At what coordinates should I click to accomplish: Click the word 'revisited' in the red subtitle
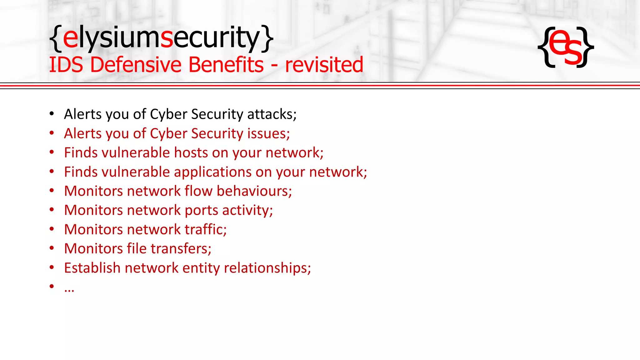coord(324,65)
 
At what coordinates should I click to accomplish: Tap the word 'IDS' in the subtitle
coord(66,65)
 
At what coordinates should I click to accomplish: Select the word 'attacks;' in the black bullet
coord(272,114)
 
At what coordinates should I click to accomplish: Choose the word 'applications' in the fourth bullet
coord(212,172)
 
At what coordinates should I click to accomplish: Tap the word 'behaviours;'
coord(254,191)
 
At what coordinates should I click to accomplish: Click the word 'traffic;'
coord(206,229)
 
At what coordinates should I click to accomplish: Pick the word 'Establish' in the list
coord(92,268)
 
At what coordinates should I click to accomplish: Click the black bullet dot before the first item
coord(52,114)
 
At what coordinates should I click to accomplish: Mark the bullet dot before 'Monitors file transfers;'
coord(52,248)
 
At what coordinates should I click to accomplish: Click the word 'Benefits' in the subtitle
coord(226,65)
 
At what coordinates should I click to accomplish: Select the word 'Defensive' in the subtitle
coord(136,65)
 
